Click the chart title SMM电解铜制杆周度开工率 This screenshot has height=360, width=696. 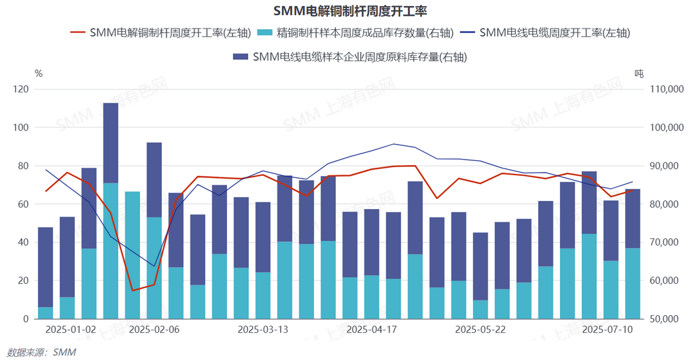348,12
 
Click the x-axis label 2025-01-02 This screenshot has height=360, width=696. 71,329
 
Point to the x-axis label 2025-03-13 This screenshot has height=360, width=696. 263,329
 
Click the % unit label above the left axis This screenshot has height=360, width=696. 38,73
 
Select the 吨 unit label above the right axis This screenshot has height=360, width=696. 638,73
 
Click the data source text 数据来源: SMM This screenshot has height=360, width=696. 41,352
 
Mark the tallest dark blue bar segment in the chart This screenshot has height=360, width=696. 111,143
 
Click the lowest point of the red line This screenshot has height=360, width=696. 133,291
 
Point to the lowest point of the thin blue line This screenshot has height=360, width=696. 154,266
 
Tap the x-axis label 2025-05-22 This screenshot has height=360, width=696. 481,329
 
